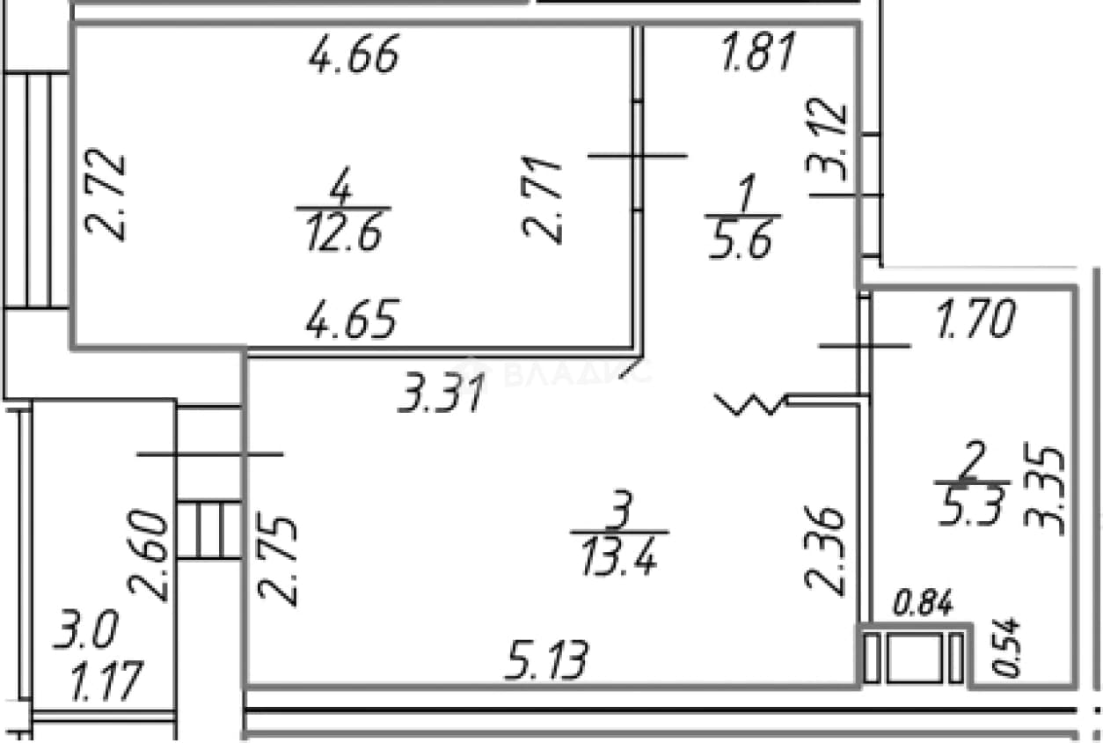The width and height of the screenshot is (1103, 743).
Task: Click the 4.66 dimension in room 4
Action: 354,54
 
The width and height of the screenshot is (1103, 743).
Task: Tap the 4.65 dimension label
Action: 351,319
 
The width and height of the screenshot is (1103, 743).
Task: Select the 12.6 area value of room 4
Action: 344,233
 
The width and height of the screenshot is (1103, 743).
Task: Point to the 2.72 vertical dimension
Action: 106,195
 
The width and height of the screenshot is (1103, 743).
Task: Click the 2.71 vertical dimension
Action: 542,200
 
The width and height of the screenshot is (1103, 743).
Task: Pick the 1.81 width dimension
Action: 758,51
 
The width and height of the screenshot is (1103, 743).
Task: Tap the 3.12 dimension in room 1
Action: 826,139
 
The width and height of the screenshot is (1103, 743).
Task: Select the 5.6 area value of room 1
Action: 740,240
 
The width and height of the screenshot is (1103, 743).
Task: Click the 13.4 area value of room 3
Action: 619,556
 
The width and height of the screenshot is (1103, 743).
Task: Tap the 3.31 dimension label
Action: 442,393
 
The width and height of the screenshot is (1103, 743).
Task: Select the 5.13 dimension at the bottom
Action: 546,660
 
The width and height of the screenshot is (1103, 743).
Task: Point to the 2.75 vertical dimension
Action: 277,562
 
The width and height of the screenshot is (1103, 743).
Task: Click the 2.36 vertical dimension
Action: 825,551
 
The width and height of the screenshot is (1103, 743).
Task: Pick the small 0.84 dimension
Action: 923,602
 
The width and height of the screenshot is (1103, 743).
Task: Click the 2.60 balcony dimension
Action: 148,556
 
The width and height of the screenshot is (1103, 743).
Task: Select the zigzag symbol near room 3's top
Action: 749,404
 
